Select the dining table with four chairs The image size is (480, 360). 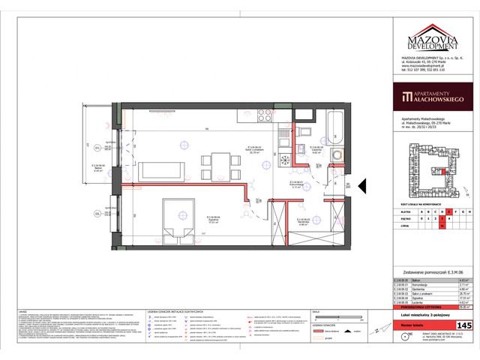point(219,161)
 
